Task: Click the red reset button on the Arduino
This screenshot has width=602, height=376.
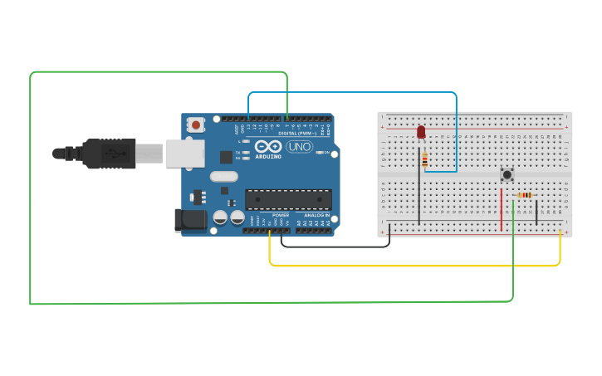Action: point(196,125)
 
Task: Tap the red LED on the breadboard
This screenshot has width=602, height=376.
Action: point(421,132)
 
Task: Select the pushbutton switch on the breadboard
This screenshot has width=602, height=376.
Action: point(507,174)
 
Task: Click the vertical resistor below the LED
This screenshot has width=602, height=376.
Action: point(424,160)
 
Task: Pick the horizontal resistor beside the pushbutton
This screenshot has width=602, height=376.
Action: point(524,195)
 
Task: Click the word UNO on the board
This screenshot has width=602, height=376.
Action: point(299,147)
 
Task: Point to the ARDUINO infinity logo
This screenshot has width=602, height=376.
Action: point(269,146)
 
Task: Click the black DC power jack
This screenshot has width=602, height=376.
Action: point(190,219)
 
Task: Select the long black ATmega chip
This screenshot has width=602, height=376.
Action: point(288,199)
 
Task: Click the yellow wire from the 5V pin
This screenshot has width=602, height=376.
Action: point(415,266)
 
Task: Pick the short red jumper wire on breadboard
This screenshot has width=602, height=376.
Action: point(502,209)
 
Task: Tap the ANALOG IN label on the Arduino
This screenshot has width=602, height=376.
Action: point(315,215)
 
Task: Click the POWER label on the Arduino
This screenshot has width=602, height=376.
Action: point(280,215)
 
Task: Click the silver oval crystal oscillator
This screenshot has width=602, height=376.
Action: point(224,176)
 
